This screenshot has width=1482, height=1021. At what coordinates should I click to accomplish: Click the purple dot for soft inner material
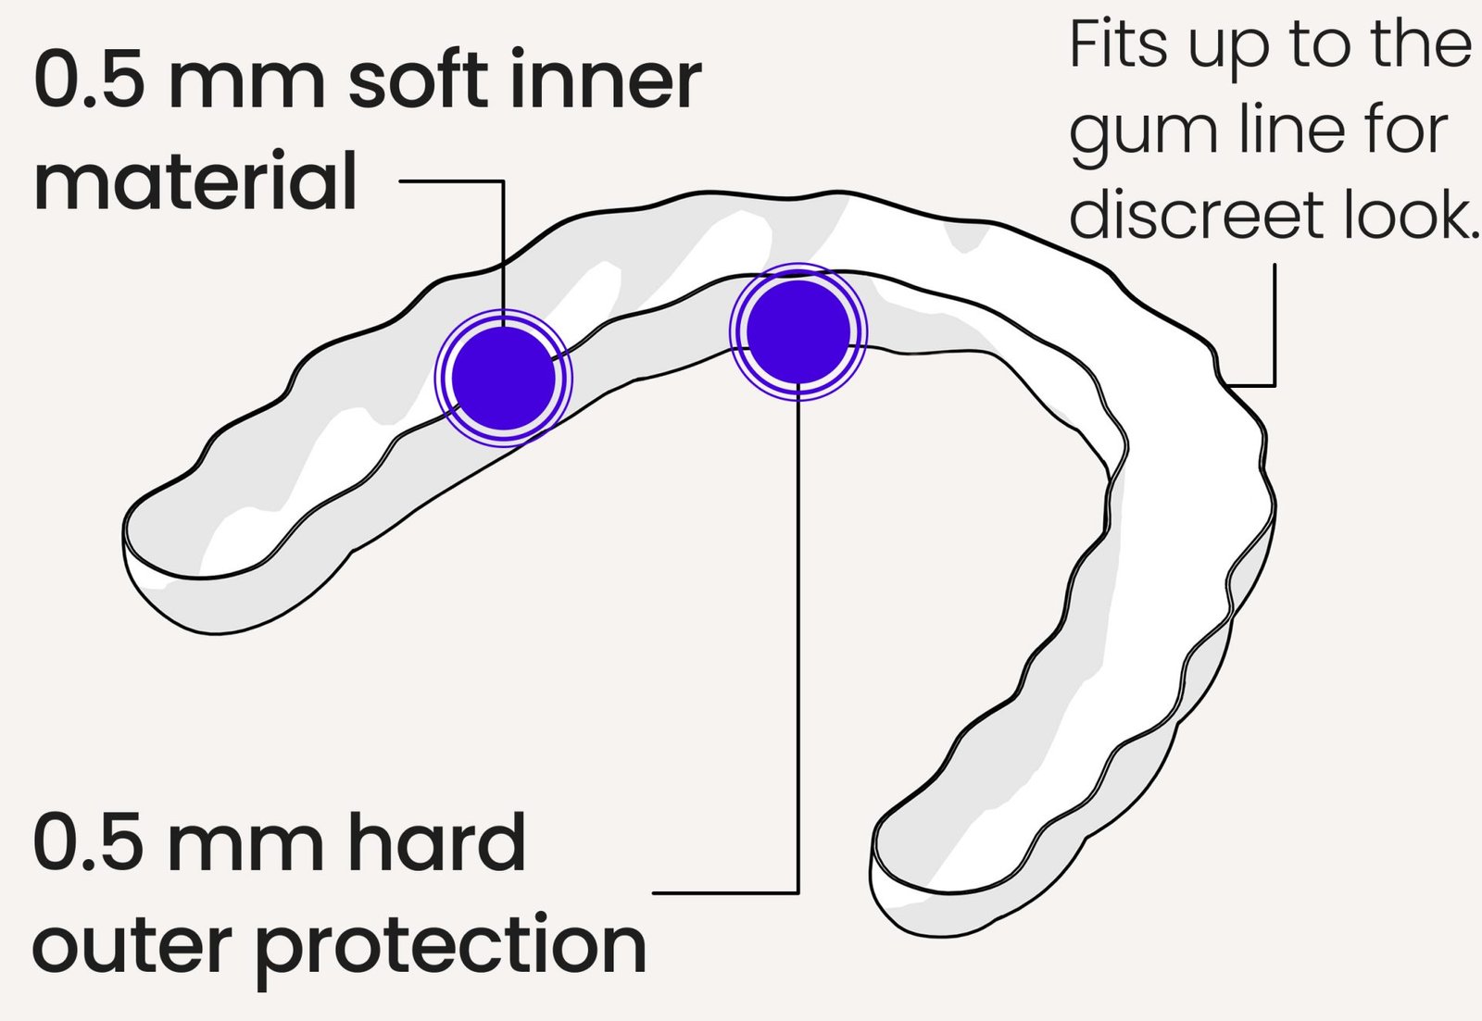tap(504, 378)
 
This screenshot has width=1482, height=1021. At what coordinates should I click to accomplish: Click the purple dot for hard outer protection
tap(798, 331)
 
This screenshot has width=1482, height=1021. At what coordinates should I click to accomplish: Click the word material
tap(195, 182)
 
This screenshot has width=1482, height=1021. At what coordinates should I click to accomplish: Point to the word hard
tap(436, 843)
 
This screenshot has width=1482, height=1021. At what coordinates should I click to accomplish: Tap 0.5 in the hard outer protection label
tap(88, 843)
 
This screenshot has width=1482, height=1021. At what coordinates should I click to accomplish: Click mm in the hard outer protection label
tap(245, 845)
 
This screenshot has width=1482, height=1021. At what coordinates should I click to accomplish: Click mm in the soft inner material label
tap(246, 82)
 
